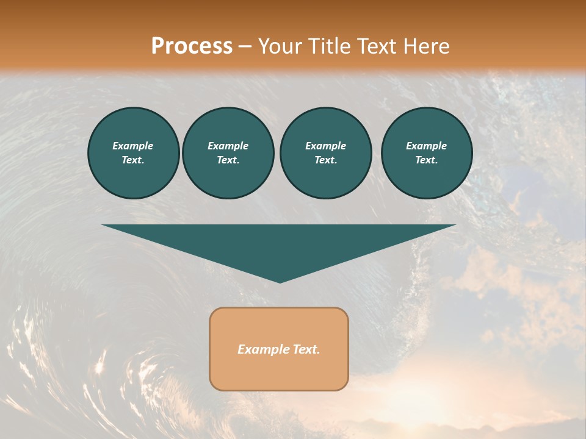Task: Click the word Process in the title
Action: (x=192, y=46)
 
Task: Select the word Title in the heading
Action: (x=330, y=46)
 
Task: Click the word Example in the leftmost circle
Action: (x=133, y=146)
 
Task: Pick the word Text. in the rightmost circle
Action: (x=426, y=160)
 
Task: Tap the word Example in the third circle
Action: (x=325, y=146)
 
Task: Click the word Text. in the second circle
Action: (x=228, y=160)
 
